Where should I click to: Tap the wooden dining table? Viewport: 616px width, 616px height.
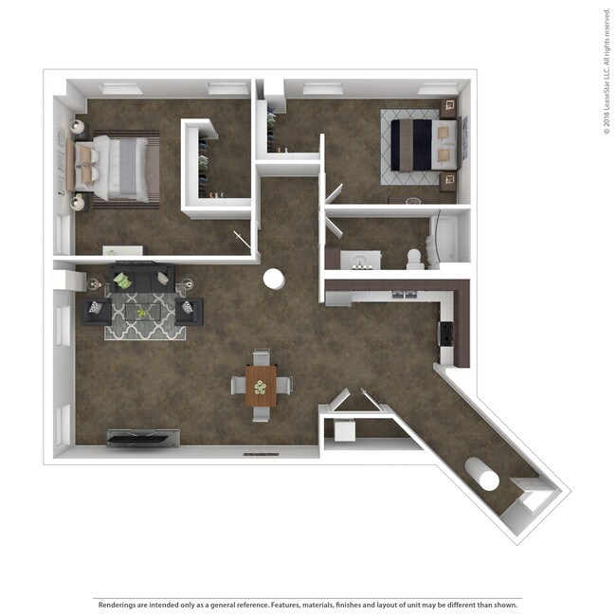[262, 385]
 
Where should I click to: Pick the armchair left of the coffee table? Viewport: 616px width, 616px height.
[97, 310]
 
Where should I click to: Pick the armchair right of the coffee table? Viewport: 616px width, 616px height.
[189, 310]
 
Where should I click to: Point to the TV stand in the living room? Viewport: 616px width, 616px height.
[143, 437]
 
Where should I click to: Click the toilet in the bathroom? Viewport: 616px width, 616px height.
[413, 258]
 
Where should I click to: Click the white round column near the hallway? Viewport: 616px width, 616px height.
[274, 280]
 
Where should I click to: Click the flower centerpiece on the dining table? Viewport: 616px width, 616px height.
[261, 385]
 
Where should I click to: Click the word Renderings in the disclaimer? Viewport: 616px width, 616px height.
[115, 604]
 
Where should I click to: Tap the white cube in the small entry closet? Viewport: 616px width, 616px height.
[343, 429]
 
